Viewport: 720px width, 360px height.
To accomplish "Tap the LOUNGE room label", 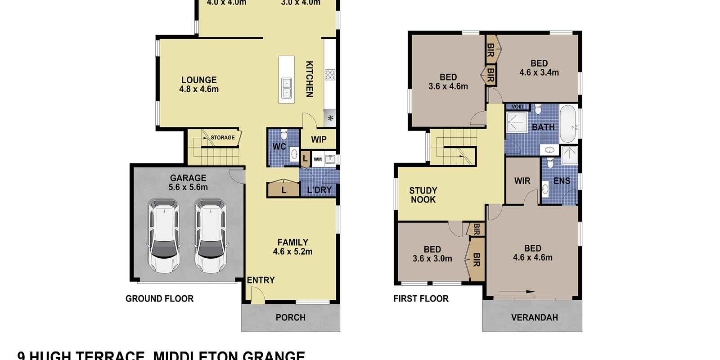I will [199, 80].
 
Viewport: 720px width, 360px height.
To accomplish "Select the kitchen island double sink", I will [286, 88].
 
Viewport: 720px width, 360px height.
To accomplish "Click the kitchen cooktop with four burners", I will [330, 75].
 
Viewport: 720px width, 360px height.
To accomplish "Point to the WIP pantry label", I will [319, 139].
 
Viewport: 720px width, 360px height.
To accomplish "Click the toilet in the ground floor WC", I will [284, 135].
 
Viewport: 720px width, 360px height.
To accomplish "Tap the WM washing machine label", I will [318, 159].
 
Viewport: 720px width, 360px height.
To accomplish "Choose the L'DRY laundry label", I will [319, 190].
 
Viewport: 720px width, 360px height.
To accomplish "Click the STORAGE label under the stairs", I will [223, 138].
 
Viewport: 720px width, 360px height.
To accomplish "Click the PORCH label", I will [290, 318].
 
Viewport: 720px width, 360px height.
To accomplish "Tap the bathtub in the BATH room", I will [568, 124].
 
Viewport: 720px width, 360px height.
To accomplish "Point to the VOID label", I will [517, 107].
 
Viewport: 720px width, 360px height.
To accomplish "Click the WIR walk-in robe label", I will [522, 181].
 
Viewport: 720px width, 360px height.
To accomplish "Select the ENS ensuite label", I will [562, 181].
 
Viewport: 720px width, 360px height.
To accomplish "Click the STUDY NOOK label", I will [423, 195].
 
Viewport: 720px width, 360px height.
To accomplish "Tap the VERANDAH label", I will [534, 318].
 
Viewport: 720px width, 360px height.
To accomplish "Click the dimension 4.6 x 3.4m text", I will [539, 72].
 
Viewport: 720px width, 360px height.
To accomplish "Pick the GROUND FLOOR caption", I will [159, 299].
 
